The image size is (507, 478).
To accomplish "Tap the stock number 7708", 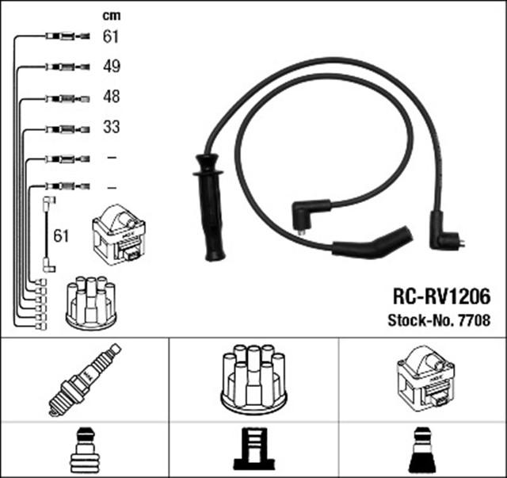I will pyautogui.click(x=472, y=320).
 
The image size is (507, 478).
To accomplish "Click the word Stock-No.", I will pyautogui.click(x=419, y=320).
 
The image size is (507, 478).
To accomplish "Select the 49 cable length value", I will pyautogui.click(x=111, y=67).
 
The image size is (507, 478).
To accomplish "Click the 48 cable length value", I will pyautogui.click(x=111, y=97).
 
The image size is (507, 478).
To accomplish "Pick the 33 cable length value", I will pyautogui.click(x=111, y=127).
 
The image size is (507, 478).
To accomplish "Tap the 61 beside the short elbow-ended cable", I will pyautogui.click(x=61, y=235).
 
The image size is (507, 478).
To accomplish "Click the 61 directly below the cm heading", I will pyautogui.click(x=111, y=36).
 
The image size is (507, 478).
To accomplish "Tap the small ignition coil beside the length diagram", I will pyautogui.click(x=120, y=235).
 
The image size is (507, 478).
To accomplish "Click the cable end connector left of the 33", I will pyautogui.click(x=63, y=128).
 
